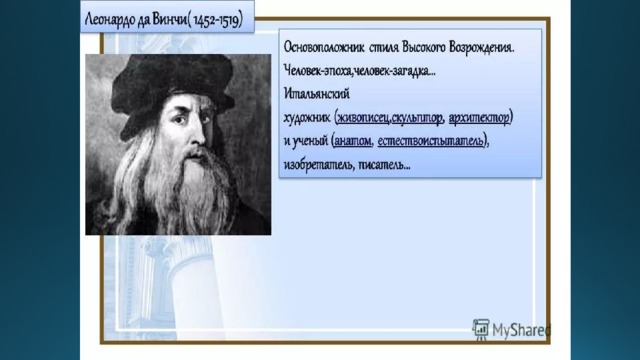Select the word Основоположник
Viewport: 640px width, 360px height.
pos(324,47)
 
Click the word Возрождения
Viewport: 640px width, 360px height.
pos(481,47)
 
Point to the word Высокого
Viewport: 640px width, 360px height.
pos(423,47)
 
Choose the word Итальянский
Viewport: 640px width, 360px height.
pos(317,94)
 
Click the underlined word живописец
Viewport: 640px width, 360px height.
pos(363,118)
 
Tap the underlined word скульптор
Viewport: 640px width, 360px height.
pos(417,118)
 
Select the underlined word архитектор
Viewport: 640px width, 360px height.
pos(479,118)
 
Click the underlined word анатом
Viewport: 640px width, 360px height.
pos(353,141)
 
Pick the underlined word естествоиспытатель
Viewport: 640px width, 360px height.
pos(431,141)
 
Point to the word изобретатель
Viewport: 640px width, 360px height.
pos(319,165)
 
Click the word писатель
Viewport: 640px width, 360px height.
pos(384,165)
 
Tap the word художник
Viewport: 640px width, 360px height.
pos(307,118)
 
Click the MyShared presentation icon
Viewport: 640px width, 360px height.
pos(481,329)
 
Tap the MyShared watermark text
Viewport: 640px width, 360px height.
pos(521,330)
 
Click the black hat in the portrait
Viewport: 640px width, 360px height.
pos(171,85)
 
